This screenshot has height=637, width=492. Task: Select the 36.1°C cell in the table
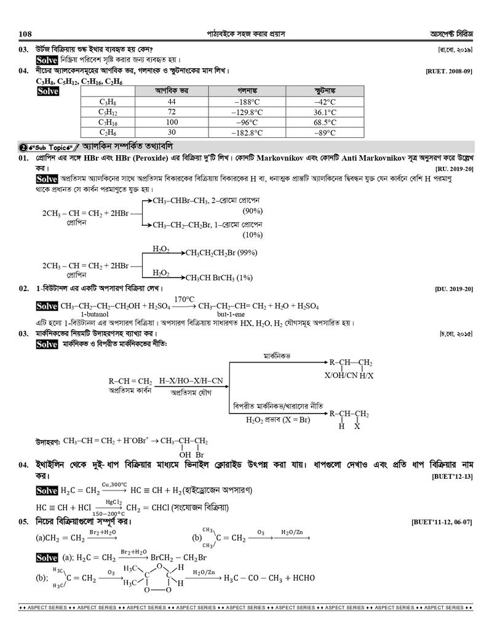tap(324, 112)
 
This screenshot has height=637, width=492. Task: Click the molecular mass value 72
tap(172, 112)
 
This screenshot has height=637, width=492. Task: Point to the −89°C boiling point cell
tap(324, 132)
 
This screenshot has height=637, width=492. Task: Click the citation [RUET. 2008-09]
tap(448, 71)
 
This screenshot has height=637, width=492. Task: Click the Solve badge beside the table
tap(47, 91)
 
